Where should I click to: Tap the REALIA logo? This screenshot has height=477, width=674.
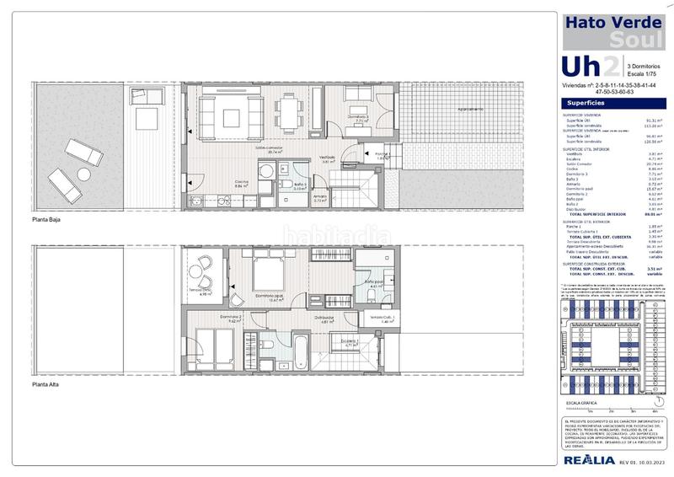point(586,460)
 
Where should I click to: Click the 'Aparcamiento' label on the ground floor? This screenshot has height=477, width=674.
point(470,110)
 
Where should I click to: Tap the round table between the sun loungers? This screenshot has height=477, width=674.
point(83,173)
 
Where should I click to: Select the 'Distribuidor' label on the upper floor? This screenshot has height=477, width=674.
point(326,319)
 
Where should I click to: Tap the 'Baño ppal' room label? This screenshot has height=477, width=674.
point(374,282)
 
